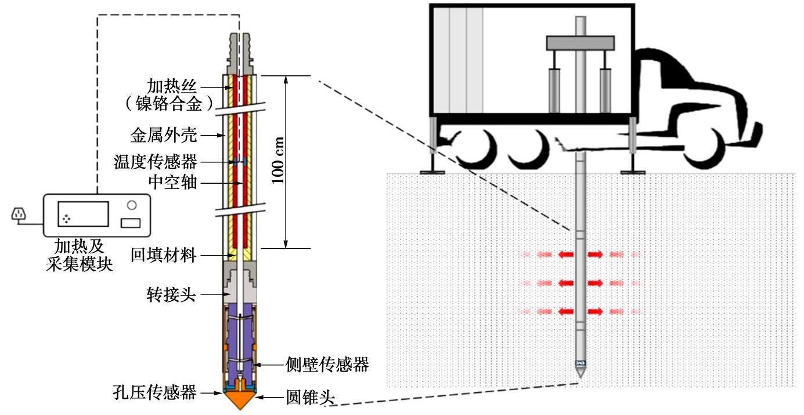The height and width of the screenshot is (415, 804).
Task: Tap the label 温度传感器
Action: click(156, 162)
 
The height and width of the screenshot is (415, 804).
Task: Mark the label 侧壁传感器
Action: click(327, 365)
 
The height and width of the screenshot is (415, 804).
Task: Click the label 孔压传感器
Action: click(154, 392)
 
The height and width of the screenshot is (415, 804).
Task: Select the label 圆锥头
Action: click(311, 398)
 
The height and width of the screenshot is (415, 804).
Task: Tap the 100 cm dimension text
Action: click(279, 161)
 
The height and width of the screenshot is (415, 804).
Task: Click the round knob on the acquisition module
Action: click(131, 205)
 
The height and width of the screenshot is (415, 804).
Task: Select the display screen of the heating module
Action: click(83, 214)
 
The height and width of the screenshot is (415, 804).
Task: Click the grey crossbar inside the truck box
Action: click(580, 42)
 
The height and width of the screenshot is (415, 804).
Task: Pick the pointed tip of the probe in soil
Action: click(580, 374)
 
